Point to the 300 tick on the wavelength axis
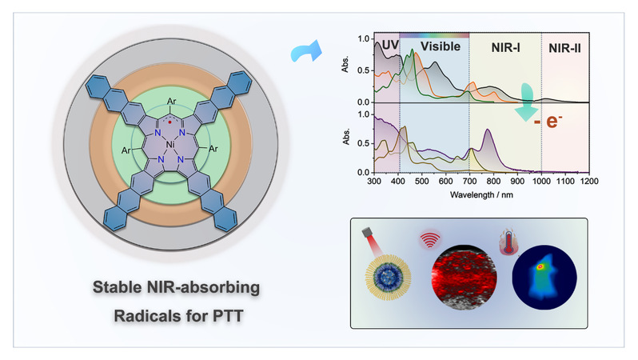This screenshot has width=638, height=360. pyautogui.click(x=373, y=182)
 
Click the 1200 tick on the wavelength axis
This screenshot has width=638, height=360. pyautogui.click(x=589, y=182)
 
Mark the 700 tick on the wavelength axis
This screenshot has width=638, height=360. pyautogui.click(x=469, y=182)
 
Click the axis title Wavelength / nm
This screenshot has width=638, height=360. pyautogui.click(x=480, y=194)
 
